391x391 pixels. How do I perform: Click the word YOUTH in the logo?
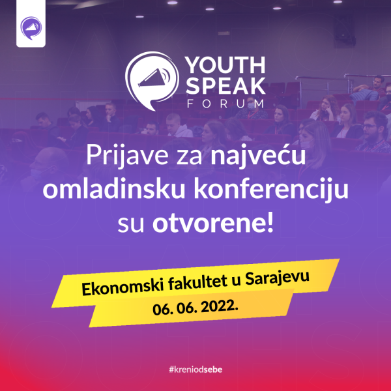[225, 65]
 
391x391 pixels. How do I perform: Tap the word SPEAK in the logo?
[225, 86]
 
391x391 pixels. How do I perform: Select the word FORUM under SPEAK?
[225, 104]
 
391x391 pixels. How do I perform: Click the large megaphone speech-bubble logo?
[152, 81]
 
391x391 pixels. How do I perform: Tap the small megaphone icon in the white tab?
[31, 28]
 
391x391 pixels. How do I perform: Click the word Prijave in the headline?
[127, 156]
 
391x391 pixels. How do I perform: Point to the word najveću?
[258, 156]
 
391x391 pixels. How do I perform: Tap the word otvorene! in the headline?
[213, 222]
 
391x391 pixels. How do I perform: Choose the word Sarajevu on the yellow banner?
[277, 278]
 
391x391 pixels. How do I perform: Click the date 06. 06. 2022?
[195, 308]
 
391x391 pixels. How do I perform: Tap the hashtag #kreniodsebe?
[195, 369]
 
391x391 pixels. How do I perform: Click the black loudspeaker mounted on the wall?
[345, 31]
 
